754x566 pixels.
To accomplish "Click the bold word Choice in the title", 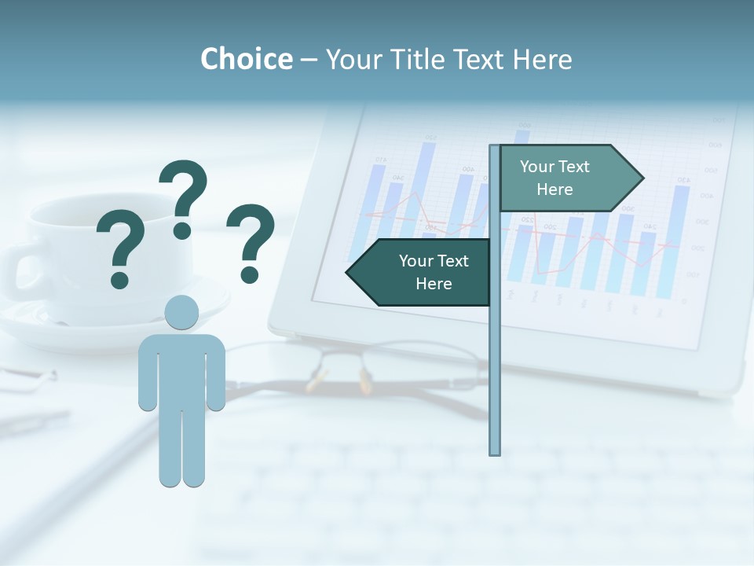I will coord(246,59).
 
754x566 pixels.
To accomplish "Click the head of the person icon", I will coord(181,313).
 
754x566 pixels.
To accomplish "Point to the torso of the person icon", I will coord(181,369).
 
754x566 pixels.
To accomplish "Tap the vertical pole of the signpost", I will coord(495,354).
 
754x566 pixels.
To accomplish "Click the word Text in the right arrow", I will coord(573,167).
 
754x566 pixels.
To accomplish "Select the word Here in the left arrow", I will coord(434,284).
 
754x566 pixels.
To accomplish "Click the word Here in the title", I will coord(542,59).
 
